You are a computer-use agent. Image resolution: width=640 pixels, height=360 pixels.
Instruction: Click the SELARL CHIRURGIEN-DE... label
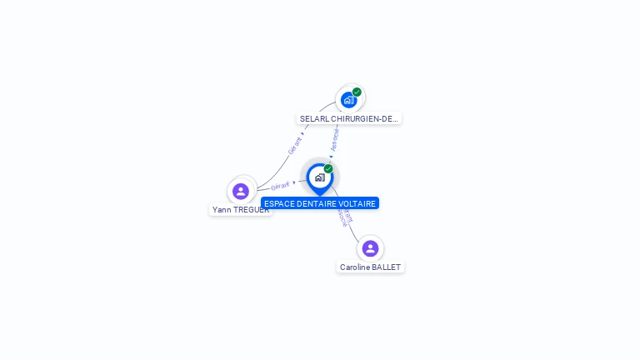[349, 119]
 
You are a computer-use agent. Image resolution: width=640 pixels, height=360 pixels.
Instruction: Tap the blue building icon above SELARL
[348, 100]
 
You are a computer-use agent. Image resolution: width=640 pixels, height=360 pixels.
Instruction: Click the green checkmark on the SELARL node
[357, 92]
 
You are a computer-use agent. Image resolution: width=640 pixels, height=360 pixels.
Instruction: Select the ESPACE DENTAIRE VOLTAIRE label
[320, 203]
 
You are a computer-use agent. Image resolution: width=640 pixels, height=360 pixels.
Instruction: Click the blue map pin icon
[319, 177]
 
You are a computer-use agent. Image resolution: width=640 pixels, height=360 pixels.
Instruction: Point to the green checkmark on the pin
[328, 169]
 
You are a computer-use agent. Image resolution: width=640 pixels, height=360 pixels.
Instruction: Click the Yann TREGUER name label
[241, 210]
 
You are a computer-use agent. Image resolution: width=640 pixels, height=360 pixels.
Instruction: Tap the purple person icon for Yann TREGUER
[241, 191]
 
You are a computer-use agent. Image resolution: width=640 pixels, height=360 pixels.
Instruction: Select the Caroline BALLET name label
[370, 267]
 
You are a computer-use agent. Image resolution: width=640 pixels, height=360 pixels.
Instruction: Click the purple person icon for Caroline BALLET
[370, 248]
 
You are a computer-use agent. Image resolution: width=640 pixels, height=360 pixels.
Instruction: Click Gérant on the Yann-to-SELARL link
[294, 145]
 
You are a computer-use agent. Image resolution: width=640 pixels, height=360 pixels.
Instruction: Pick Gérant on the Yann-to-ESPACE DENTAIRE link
[280, 186]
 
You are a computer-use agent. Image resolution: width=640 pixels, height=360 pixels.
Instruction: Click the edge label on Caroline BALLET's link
[344, 217]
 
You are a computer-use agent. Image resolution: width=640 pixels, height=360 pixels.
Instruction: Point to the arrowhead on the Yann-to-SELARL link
[302, 133]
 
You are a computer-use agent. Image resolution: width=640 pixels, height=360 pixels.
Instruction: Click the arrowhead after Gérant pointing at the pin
[294, 182]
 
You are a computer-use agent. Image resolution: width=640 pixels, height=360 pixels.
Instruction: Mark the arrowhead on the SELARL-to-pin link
[332, 156]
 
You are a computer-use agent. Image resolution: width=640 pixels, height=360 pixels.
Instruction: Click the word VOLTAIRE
[358, 203]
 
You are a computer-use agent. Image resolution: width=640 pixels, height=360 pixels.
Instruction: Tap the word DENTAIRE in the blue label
[318, 203]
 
